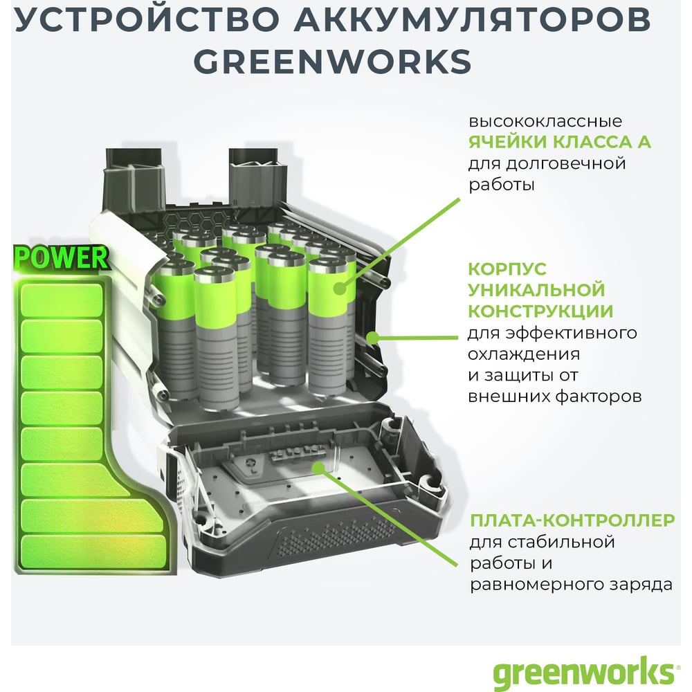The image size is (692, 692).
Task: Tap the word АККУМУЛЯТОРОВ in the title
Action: pos(473,19)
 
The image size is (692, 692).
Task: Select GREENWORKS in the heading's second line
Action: pos(333,62)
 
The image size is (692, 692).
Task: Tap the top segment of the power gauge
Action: pos(62,300)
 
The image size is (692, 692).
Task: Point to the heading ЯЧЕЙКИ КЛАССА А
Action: pos(559,142)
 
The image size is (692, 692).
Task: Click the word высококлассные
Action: pos(545,121)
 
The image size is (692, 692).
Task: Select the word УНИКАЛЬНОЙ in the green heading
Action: pos(536,290)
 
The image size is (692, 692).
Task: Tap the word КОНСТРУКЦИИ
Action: pos(540,311)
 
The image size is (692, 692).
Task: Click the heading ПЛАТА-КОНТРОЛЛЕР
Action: pos(572,520)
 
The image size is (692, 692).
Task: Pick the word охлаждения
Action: pos(524,354)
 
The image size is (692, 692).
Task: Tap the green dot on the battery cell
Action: pos(339,288)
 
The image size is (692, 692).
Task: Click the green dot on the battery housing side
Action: pos(373,338)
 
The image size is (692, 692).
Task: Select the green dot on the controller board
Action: pos(318,468)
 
